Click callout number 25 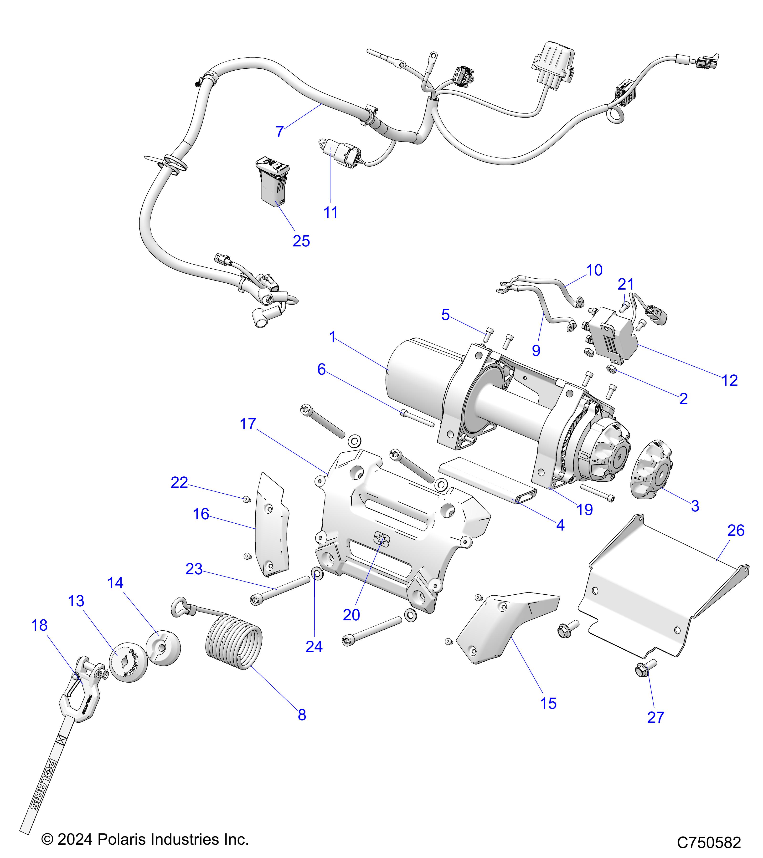point(301,241)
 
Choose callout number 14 point(115,583)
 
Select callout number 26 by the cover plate point(736,531)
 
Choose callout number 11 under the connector point(330,213)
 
